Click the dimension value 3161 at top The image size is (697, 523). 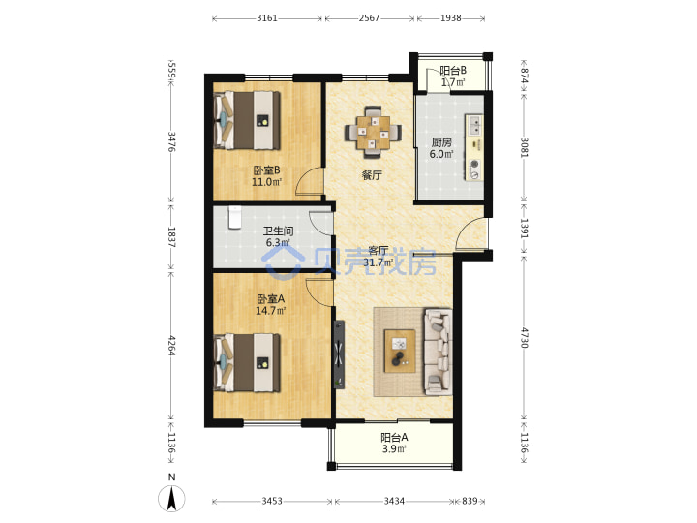click(x=267, y=18)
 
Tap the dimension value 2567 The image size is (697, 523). click(x=370, y=18)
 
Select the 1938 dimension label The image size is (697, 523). click(x=451, y=18)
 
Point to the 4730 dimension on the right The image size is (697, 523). click(x=525, y=338)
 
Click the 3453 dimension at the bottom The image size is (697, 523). click(x=272, y=502)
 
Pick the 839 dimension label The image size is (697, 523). click(x=470, y=502)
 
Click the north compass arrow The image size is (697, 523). click(x=171, y=498)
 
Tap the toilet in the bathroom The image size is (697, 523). click(x=234, y=217)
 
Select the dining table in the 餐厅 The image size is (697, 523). click(x=373, y=132)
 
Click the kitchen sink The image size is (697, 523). click(x=474, y=125)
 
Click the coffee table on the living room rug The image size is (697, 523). click(x=400, y=352)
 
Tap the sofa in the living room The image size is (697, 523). click(x=439, y=352)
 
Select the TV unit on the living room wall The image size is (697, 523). click(x=339, y=354)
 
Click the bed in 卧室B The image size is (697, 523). click(x=247, y=120)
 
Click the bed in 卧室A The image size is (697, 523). click(x=247, y=363)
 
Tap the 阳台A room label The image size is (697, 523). click(x=394, y=438)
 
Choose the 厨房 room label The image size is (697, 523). click(x=441, y=142)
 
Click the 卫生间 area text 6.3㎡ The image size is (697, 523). click(x=278, y=243)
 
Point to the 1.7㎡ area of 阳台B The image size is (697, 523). click(x=453, y=82)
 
